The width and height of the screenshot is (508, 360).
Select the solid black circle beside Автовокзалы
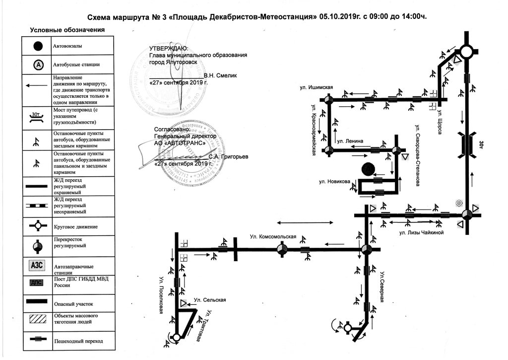pos(38,46)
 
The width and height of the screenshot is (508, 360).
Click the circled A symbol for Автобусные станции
pos(38,65)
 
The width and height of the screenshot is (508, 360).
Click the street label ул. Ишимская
pos(316,88)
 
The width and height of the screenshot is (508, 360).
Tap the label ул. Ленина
pos(350,142)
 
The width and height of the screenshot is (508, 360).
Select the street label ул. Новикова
pos(332,181)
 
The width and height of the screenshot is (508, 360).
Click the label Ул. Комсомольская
pos(273,236)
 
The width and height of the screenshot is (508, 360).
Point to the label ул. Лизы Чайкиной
pos(421,232)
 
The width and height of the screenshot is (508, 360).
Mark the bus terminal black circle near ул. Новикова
pos(368,169)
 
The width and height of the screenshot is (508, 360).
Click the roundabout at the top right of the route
pos(466,51)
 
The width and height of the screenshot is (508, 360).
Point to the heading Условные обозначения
pos(67,30)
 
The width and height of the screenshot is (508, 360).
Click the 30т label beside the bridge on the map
pos(481,144)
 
